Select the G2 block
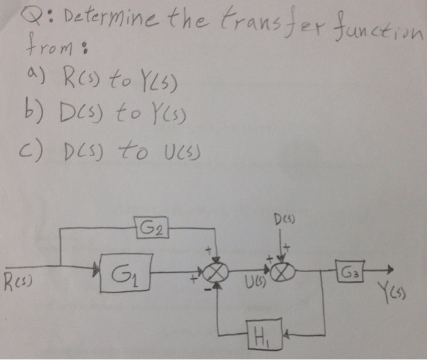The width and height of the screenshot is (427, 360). pyautogui.click(x=149, y=228)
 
